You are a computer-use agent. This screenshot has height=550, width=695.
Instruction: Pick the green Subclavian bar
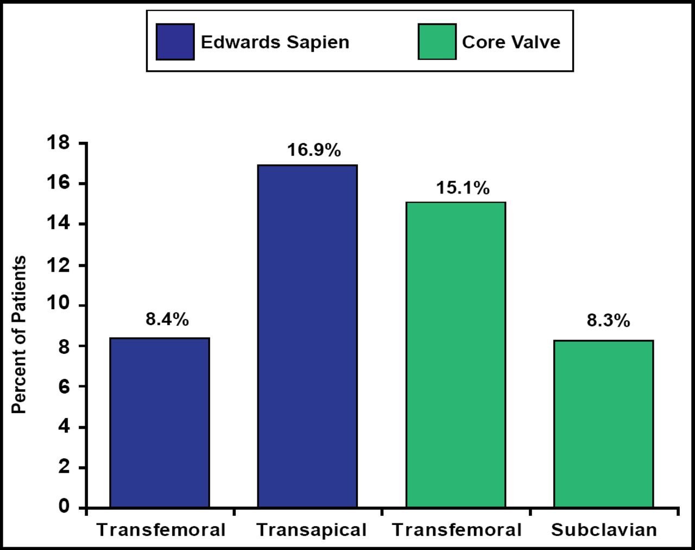[603, 423]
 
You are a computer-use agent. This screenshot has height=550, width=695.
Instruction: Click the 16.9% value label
[314, 150]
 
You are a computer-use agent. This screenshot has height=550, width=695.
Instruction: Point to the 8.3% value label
[608, 321]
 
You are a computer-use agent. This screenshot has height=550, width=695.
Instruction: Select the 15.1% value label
[463, 188]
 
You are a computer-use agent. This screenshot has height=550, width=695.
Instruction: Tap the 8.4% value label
[167, 320]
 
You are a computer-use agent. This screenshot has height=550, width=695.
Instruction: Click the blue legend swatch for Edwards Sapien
[175, 42]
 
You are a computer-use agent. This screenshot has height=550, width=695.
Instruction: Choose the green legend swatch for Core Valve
[437, 42]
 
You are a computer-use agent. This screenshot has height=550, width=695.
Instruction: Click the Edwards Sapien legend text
[275, 42]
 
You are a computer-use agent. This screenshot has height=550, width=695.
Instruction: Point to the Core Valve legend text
[511, 42]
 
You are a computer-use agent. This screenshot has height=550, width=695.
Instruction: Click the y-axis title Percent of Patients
[19, 335]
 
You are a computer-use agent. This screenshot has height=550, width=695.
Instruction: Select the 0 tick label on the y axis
[65, 507]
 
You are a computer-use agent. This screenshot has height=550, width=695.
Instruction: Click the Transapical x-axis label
[311, 530]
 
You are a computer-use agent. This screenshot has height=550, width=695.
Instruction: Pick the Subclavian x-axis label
[604, 530]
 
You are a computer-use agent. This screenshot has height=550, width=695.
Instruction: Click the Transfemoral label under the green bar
[457, 530]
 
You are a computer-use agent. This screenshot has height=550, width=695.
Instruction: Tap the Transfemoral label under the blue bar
[161, 530]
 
